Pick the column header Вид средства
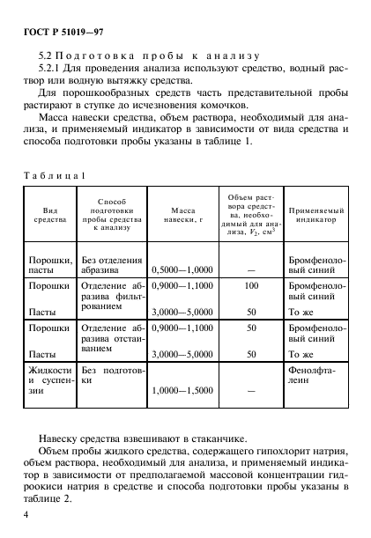pyautogui.click(x=44, y=217)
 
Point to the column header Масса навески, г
pyautogui.click(x=182, y=217)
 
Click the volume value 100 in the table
pyautogui.click(x=250, y=286)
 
